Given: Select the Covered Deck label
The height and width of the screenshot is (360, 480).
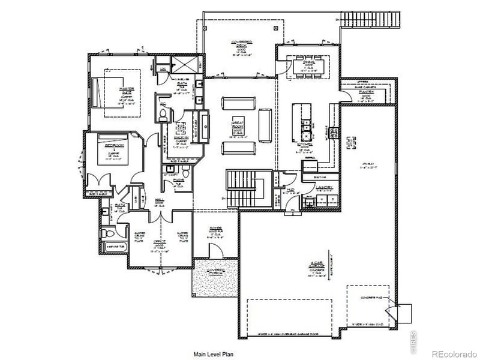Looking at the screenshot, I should point(241,43).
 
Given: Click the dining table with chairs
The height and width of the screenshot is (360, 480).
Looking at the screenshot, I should point(309,67).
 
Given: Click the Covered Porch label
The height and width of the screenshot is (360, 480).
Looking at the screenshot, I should point(217,272).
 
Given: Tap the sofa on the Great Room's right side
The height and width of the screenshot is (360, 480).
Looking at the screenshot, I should point(265,124).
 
